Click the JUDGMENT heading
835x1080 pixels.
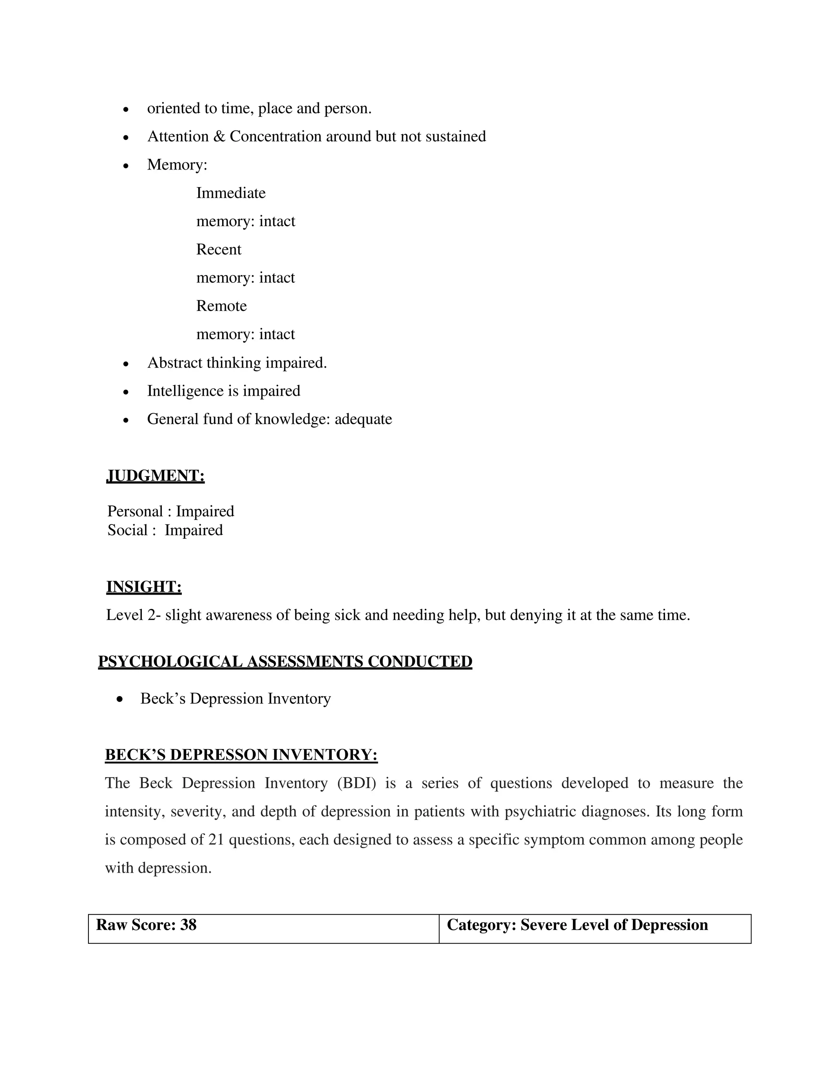[x=155, y=476]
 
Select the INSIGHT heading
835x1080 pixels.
[x=144, y=587]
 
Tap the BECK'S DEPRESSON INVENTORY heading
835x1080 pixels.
[x=241, y=755]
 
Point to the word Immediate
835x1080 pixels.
[x=230, y=193]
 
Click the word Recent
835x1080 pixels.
[x=219, y=249]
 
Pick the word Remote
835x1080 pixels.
[x=221, y=306]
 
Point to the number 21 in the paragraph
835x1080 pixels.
[x=216, y=840]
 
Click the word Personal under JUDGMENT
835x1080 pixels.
[x=135, y=511]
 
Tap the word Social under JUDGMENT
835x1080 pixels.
[x=128, y=530]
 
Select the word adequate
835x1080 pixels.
[x=363, y=419]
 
